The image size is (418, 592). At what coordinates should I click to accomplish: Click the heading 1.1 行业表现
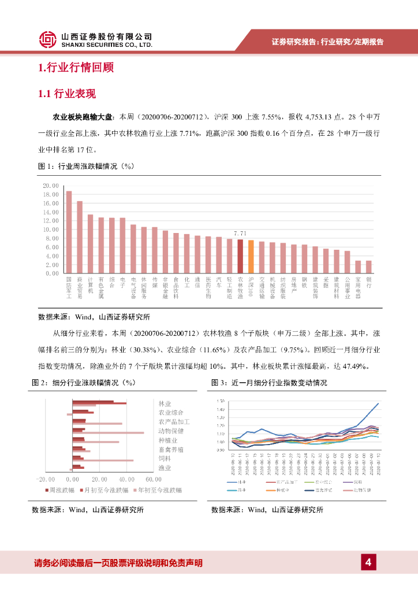66,94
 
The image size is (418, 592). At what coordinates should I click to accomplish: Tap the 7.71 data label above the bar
240,233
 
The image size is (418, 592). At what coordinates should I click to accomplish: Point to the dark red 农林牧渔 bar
240,256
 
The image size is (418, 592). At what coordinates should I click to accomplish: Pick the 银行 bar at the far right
369,267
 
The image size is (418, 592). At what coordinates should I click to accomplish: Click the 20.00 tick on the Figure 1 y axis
51,186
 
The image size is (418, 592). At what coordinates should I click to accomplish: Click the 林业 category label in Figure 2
165,403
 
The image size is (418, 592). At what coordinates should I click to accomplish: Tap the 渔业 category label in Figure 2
165,468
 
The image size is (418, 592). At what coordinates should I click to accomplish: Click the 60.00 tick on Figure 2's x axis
153,479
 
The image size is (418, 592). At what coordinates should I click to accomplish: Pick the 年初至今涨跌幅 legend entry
159,490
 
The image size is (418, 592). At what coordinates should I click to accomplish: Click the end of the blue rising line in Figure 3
379,404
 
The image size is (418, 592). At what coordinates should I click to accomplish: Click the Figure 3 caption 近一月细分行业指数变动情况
279,383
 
